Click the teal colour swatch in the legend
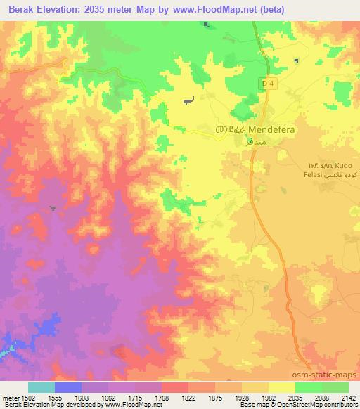pos(41,387)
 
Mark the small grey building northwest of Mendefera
pos(188,101)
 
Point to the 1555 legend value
pos(53,398)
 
